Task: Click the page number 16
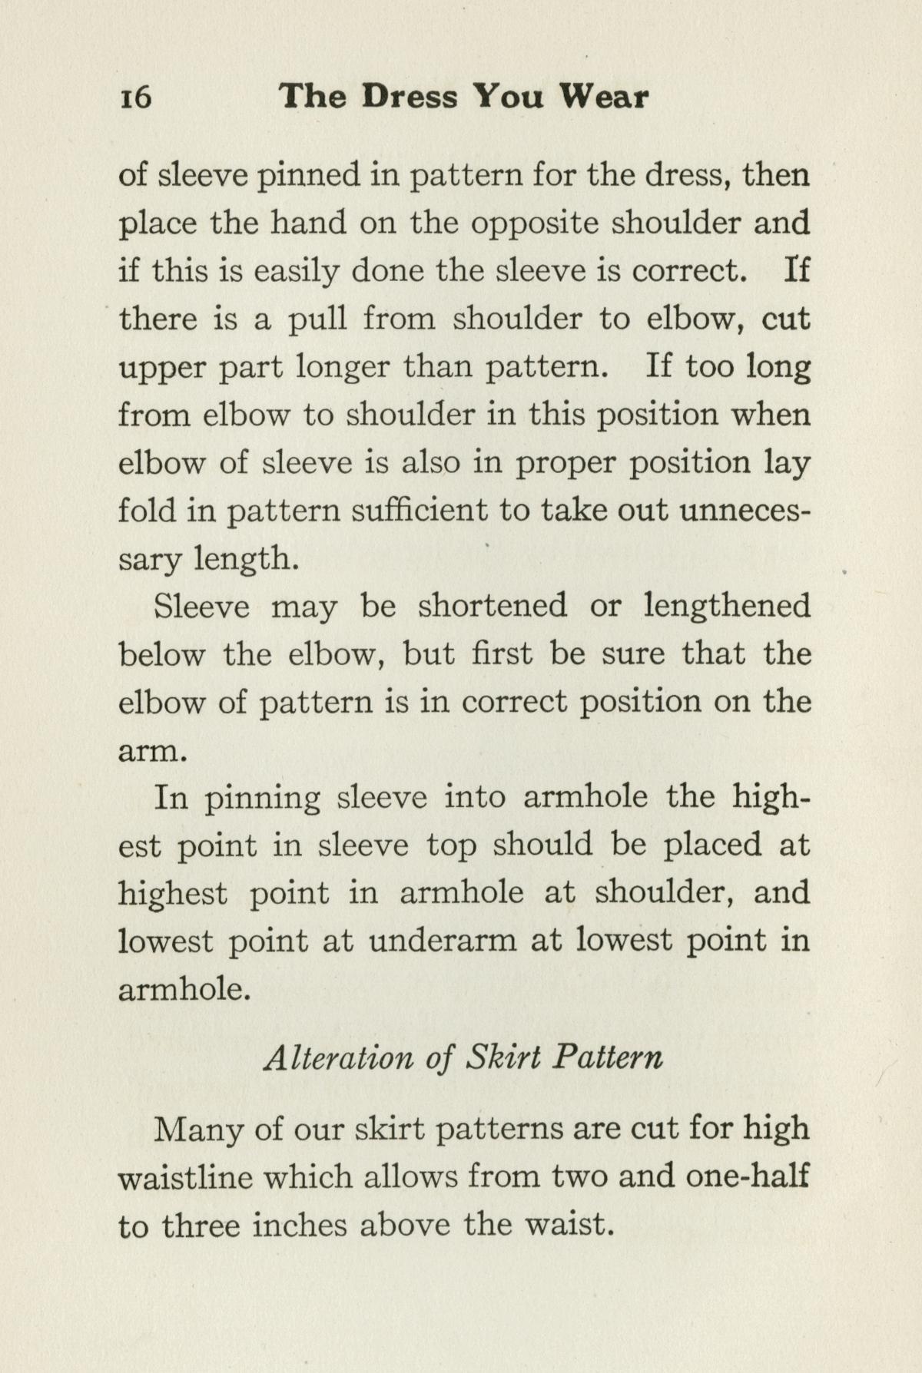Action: (135, 98)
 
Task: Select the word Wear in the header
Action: (604, 97)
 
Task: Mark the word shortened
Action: (493, 606)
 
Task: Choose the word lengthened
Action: (727, 606)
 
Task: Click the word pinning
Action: (263, 798)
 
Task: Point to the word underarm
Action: (443, 941)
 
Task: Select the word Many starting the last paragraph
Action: (200, 1130)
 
